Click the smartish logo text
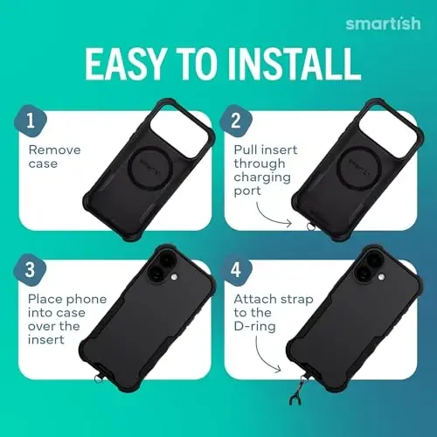[382, 23]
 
